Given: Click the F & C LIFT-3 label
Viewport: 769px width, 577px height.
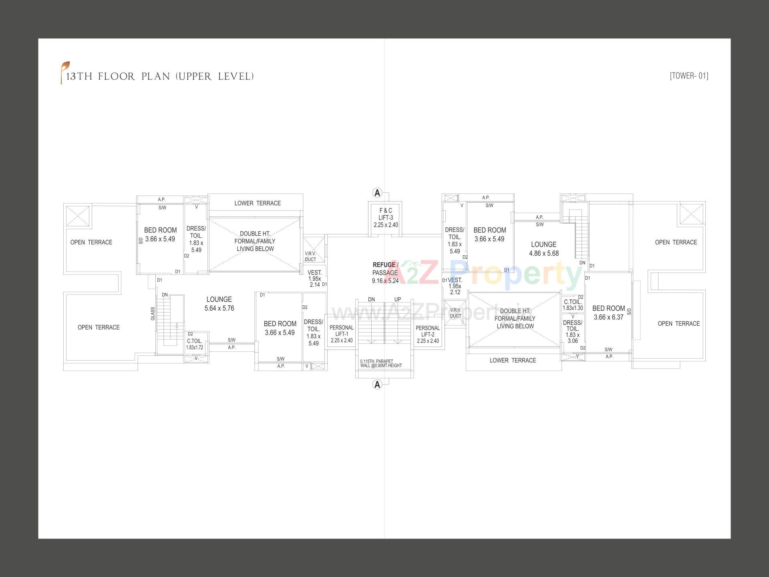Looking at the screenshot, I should pyautogui.click(x=385, y=218).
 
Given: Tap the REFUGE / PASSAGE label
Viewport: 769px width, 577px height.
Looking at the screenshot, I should pyautogui.click(x=385, y=272).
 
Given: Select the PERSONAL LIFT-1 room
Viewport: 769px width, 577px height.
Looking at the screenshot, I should pyautogui.click(x=342, y=334).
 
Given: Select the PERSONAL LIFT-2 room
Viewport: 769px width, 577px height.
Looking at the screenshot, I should pyautogui.click(x=428, y=334).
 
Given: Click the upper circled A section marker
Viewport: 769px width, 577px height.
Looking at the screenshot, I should pyautogui.click(x=377, y=193).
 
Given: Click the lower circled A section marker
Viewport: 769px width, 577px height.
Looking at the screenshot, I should pyautogui.click(x=377, y=385).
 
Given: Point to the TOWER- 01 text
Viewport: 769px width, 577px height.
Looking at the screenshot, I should pyautogui.click(x=688, y=76).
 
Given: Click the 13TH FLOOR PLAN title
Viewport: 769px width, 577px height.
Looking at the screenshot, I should pyautogui.click(x=160, y=77).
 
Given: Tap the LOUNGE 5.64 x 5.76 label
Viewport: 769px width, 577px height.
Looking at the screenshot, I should pyautogui.click(x=219, y=304).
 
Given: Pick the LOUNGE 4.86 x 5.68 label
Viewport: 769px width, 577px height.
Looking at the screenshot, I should pyautogui.click(x=544, y=249).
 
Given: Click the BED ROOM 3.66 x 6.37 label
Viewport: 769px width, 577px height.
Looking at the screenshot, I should pyautogui.click(x=608, y=313).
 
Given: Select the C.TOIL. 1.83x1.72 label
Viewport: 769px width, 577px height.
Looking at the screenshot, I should pyautogui.click(x=195, y=344).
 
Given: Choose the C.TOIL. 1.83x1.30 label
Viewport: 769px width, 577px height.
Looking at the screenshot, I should pyautogui.click(x=573, y=305).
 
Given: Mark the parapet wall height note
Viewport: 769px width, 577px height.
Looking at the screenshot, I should pyautogui.click(x=381, y=363).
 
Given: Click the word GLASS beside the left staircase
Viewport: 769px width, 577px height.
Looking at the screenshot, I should pyautogui.click(x=153, y=314).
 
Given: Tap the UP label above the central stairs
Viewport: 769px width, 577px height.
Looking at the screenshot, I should pyautogui.click(x=397, y=299).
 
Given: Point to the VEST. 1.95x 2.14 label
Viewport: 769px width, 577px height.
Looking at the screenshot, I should pyautogui.click(x=314, y=278).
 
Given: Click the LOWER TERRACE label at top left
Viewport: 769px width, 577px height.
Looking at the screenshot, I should pyautogui.click(x=258, y=203).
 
